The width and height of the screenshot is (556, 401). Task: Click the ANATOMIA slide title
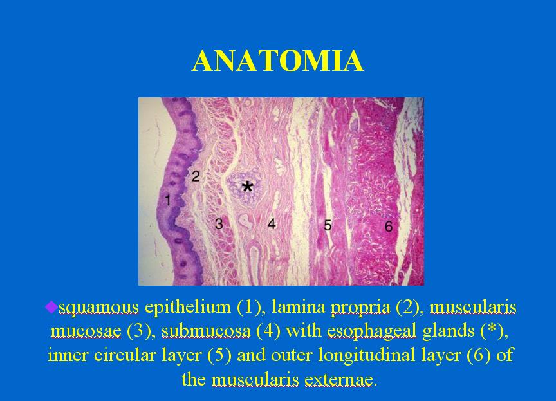(x=278, y=61)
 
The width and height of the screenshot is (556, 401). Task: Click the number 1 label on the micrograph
(x=168, y=200)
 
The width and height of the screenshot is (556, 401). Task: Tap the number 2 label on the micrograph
(x=196, y=176)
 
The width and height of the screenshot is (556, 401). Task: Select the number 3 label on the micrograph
(x=219, y=224)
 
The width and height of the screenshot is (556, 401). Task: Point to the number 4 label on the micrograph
(x=272, y=224)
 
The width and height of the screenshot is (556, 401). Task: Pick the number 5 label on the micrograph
(x=328, y=225)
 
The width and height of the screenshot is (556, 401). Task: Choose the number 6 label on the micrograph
(x=389, y=226)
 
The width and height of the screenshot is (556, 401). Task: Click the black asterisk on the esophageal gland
(x=248, y=187)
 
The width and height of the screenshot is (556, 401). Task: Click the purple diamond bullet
(x=51, y=307)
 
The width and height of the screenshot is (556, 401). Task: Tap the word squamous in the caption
(x=98, y=308)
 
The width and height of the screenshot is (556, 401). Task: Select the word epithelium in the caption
(x=188, y=307)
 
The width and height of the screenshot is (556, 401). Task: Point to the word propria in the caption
(x=360, y=308)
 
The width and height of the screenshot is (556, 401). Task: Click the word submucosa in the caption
(x=206, y=331)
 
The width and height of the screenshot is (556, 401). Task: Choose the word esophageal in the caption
(x=371, y=331)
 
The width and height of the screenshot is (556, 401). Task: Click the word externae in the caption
(x=338, y=379)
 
